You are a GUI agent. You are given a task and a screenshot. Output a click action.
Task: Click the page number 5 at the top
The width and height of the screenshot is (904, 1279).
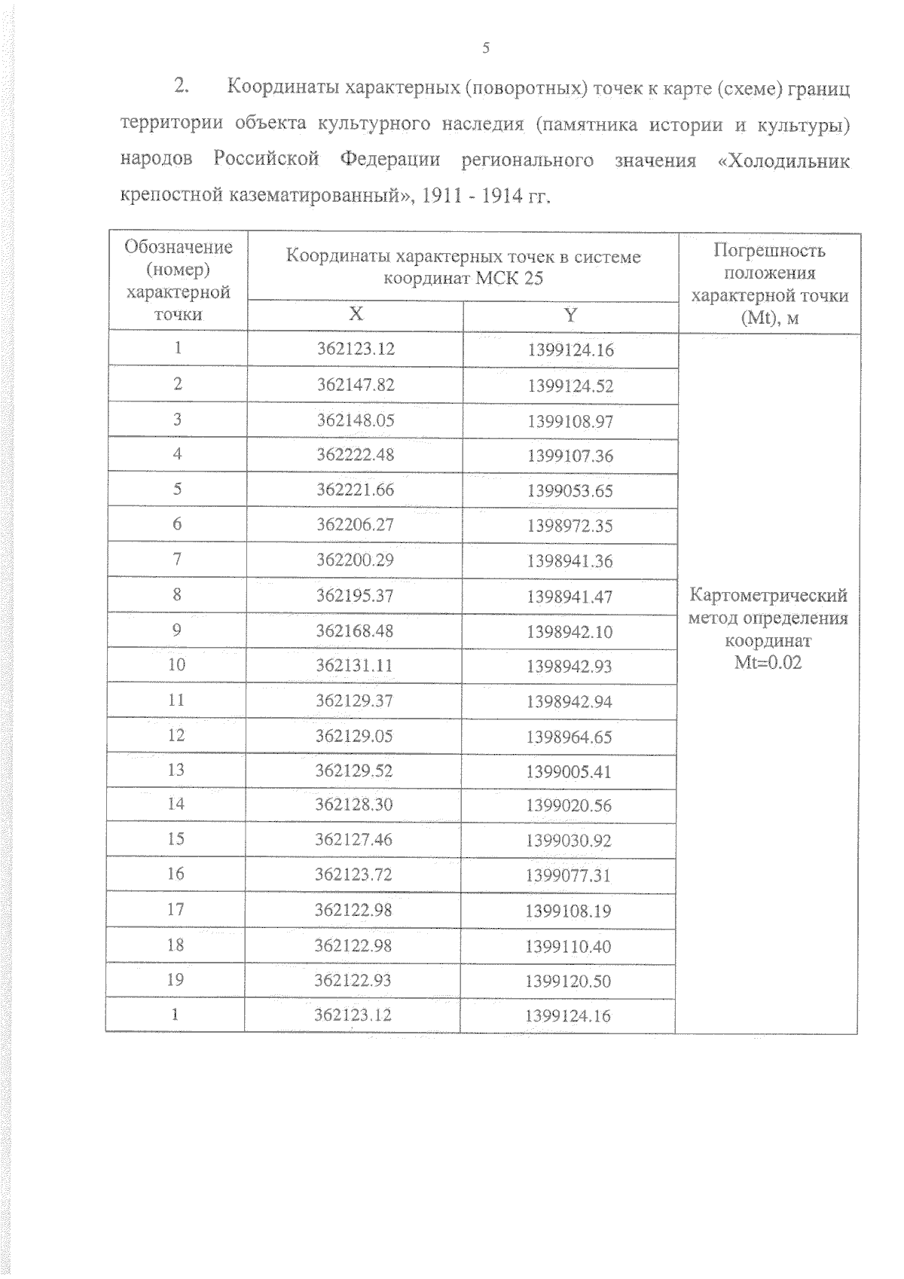486,49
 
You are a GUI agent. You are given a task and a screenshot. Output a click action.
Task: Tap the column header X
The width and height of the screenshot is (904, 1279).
356,314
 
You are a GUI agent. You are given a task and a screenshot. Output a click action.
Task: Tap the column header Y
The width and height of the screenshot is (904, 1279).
571,315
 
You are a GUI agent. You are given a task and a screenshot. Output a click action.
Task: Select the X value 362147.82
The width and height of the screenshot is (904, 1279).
356,385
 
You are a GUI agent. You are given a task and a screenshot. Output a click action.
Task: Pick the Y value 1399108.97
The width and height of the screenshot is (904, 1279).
570,421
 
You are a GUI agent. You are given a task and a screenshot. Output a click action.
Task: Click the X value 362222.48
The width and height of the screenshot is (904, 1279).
356,455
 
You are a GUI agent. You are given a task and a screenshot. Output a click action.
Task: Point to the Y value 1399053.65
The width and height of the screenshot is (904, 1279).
570,491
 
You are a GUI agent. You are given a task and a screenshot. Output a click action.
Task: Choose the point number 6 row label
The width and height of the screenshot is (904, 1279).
177,524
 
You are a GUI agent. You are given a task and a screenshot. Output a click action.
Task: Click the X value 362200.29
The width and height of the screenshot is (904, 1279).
355,560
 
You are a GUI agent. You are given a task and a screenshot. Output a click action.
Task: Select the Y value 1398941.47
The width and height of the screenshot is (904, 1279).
570,597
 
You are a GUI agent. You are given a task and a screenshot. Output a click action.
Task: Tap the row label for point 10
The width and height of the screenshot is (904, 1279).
176,664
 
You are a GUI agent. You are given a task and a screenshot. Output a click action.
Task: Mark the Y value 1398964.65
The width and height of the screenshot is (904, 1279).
570,737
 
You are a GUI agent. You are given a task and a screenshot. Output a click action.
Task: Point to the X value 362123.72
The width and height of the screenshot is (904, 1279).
353,875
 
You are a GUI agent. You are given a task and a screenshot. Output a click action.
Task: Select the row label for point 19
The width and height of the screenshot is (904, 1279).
175,980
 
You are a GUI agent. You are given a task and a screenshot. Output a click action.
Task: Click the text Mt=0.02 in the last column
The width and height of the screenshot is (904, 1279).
768,663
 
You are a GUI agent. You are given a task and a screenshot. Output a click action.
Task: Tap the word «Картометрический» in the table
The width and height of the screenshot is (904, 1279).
768,596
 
